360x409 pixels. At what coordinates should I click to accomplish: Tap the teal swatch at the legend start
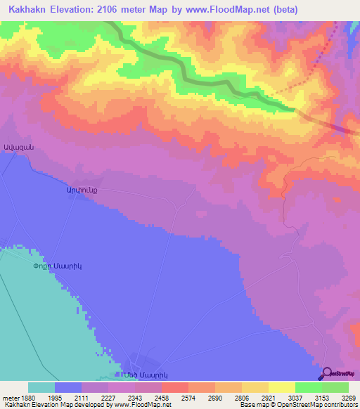(x=41, y=387)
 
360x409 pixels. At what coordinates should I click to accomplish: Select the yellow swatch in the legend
(x=281, y=387)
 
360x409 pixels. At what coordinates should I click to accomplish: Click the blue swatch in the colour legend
(x=67, y=387)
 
